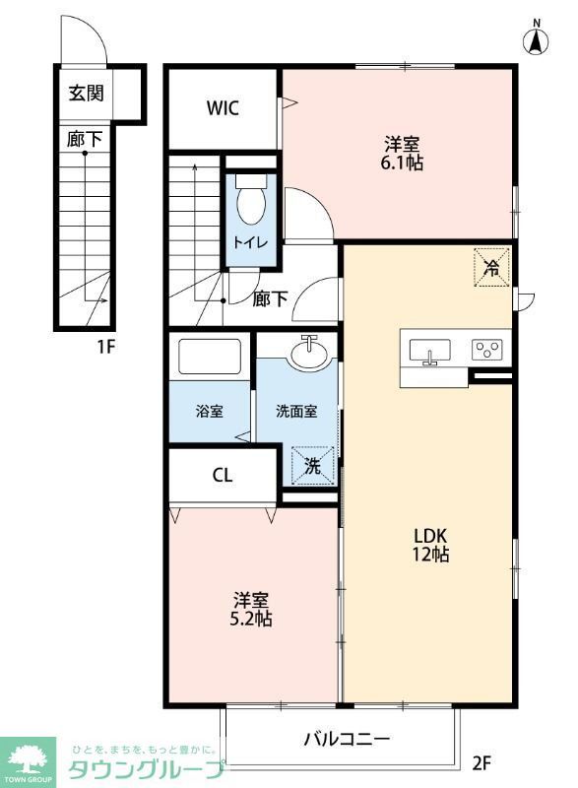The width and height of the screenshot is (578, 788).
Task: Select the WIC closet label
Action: [223, 108]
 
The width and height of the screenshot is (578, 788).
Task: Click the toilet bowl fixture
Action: [251, 201]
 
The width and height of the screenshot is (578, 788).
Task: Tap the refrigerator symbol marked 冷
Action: [492, 266]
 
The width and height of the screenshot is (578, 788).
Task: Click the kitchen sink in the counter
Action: [428, 351]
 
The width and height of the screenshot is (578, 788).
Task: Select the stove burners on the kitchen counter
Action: [486, 350]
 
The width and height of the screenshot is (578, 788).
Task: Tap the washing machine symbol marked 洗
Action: [312, 466]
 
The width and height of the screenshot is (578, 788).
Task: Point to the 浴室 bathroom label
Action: [210, 411]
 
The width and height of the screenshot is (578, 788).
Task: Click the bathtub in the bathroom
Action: [210, 357]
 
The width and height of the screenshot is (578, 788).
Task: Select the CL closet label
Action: [223, 475]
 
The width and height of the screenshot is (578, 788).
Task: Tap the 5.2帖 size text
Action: [252, 620]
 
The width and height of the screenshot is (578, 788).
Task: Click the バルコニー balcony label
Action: [346, 738]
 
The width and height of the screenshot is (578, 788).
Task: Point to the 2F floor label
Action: [481, 761]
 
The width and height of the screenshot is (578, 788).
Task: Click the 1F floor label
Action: [106, 347]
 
